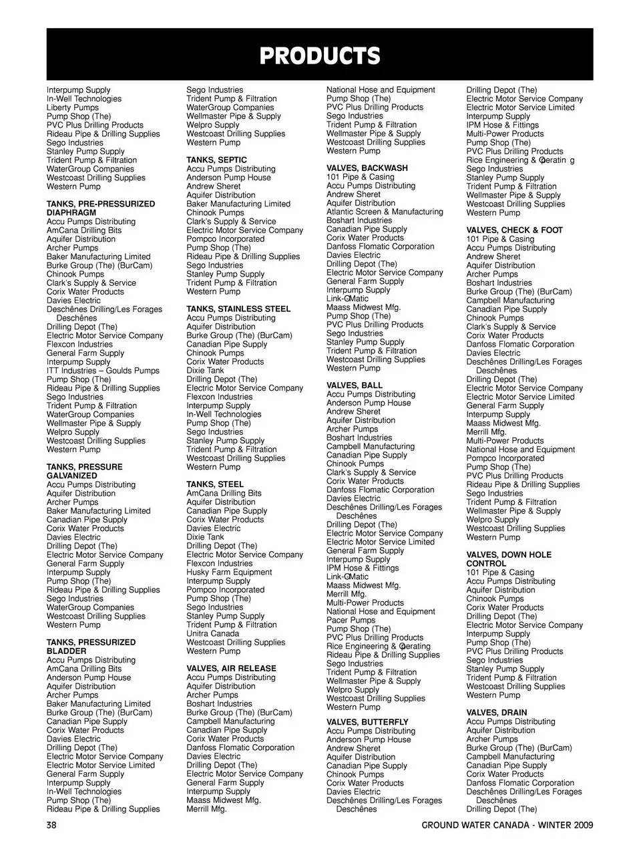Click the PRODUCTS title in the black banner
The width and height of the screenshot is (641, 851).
tap(320, 56)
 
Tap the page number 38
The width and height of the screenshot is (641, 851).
tap(52, 824)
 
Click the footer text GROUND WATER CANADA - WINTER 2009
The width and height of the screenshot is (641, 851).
tap(507, 824)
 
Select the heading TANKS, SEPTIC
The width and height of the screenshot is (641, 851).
tap(216, 160)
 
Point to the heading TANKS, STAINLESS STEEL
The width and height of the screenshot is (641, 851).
tap(238, 309)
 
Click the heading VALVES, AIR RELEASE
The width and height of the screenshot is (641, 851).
tap(231, 669)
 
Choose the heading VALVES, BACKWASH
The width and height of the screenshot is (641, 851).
tap(367, 168)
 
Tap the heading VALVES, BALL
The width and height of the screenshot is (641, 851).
tap(355, 386)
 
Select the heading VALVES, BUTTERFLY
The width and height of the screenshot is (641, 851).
tap(367, 723)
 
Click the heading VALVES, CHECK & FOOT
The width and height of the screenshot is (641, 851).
tap(514, 230)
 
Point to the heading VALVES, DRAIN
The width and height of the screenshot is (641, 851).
tap(497, 713)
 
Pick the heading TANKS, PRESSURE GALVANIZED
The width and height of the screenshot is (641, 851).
tap(84, 472)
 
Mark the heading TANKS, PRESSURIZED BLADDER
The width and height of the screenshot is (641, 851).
tap(91, 647)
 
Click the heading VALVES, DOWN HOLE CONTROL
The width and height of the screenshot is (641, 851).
tap(509, 559)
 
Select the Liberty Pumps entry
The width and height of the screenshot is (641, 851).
tap(73, 108)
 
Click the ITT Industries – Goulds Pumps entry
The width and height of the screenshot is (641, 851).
tap(103, 371)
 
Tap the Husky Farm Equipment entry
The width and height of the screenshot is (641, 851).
tap(229, 572)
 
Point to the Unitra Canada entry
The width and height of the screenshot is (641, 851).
tap(212, 634)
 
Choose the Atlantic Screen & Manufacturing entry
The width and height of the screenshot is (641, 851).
tap(385, 212)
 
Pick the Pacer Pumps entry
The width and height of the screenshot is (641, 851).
tap(351, 621)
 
